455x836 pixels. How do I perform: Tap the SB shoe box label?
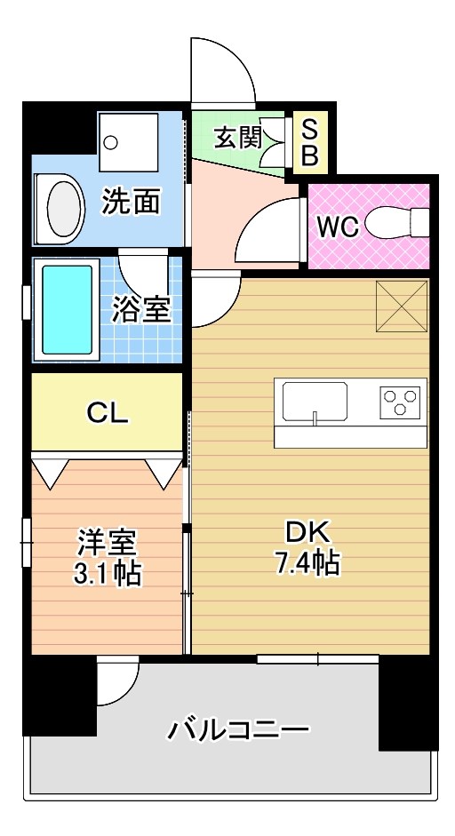coord(309,142)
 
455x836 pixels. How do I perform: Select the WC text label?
coord(338,227)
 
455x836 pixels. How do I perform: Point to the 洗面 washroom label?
coord(131,201)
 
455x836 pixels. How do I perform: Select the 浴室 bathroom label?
coord(141,310)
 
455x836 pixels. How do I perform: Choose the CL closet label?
coord(108,411)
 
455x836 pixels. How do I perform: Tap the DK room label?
coord(307,531)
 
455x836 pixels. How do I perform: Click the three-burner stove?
coord(402,402)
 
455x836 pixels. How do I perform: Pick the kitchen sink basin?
coord(315,401)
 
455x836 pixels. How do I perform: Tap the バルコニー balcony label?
coord(238,732)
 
